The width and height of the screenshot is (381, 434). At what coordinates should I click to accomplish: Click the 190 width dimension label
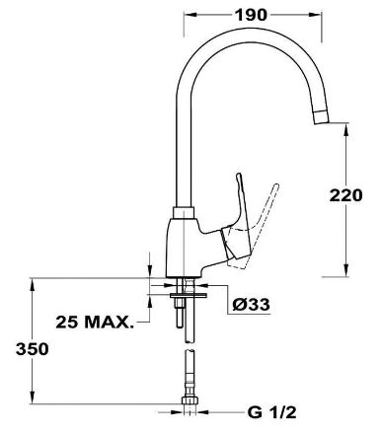click(x=251, y=15)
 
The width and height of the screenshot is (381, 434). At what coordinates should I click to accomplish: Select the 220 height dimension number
click(x=345, y=195)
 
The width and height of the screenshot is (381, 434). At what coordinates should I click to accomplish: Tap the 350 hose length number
click(x=33, y=349)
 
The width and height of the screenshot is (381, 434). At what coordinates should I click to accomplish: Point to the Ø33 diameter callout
click(x=251, y=305)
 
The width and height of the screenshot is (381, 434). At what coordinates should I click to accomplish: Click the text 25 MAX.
click(x=95, y=323)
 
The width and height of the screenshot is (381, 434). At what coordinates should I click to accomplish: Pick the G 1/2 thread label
click(x=271, y=412)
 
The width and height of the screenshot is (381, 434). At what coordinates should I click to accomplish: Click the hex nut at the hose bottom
click(x=190, y=400)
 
